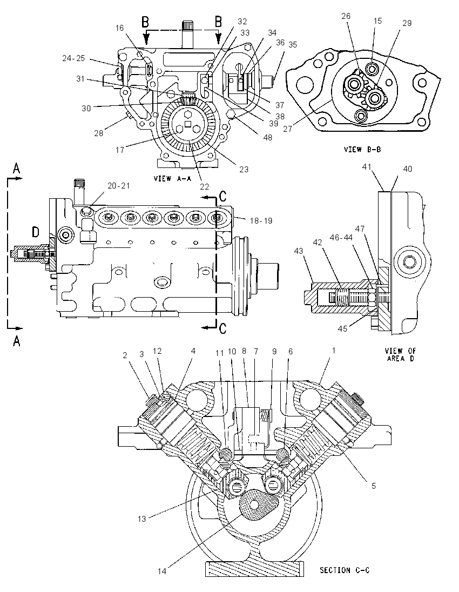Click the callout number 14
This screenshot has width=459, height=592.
(161, 571)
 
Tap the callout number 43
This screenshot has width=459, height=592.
(299, 251)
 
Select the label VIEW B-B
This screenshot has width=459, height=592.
(362, 150)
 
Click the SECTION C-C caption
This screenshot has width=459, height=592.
(345, 570)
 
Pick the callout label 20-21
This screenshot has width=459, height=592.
(118, 185)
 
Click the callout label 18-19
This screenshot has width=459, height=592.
(261, 220)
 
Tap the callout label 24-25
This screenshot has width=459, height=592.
(73, 58)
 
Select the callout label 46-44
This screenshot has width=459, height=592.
(341, 237)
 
